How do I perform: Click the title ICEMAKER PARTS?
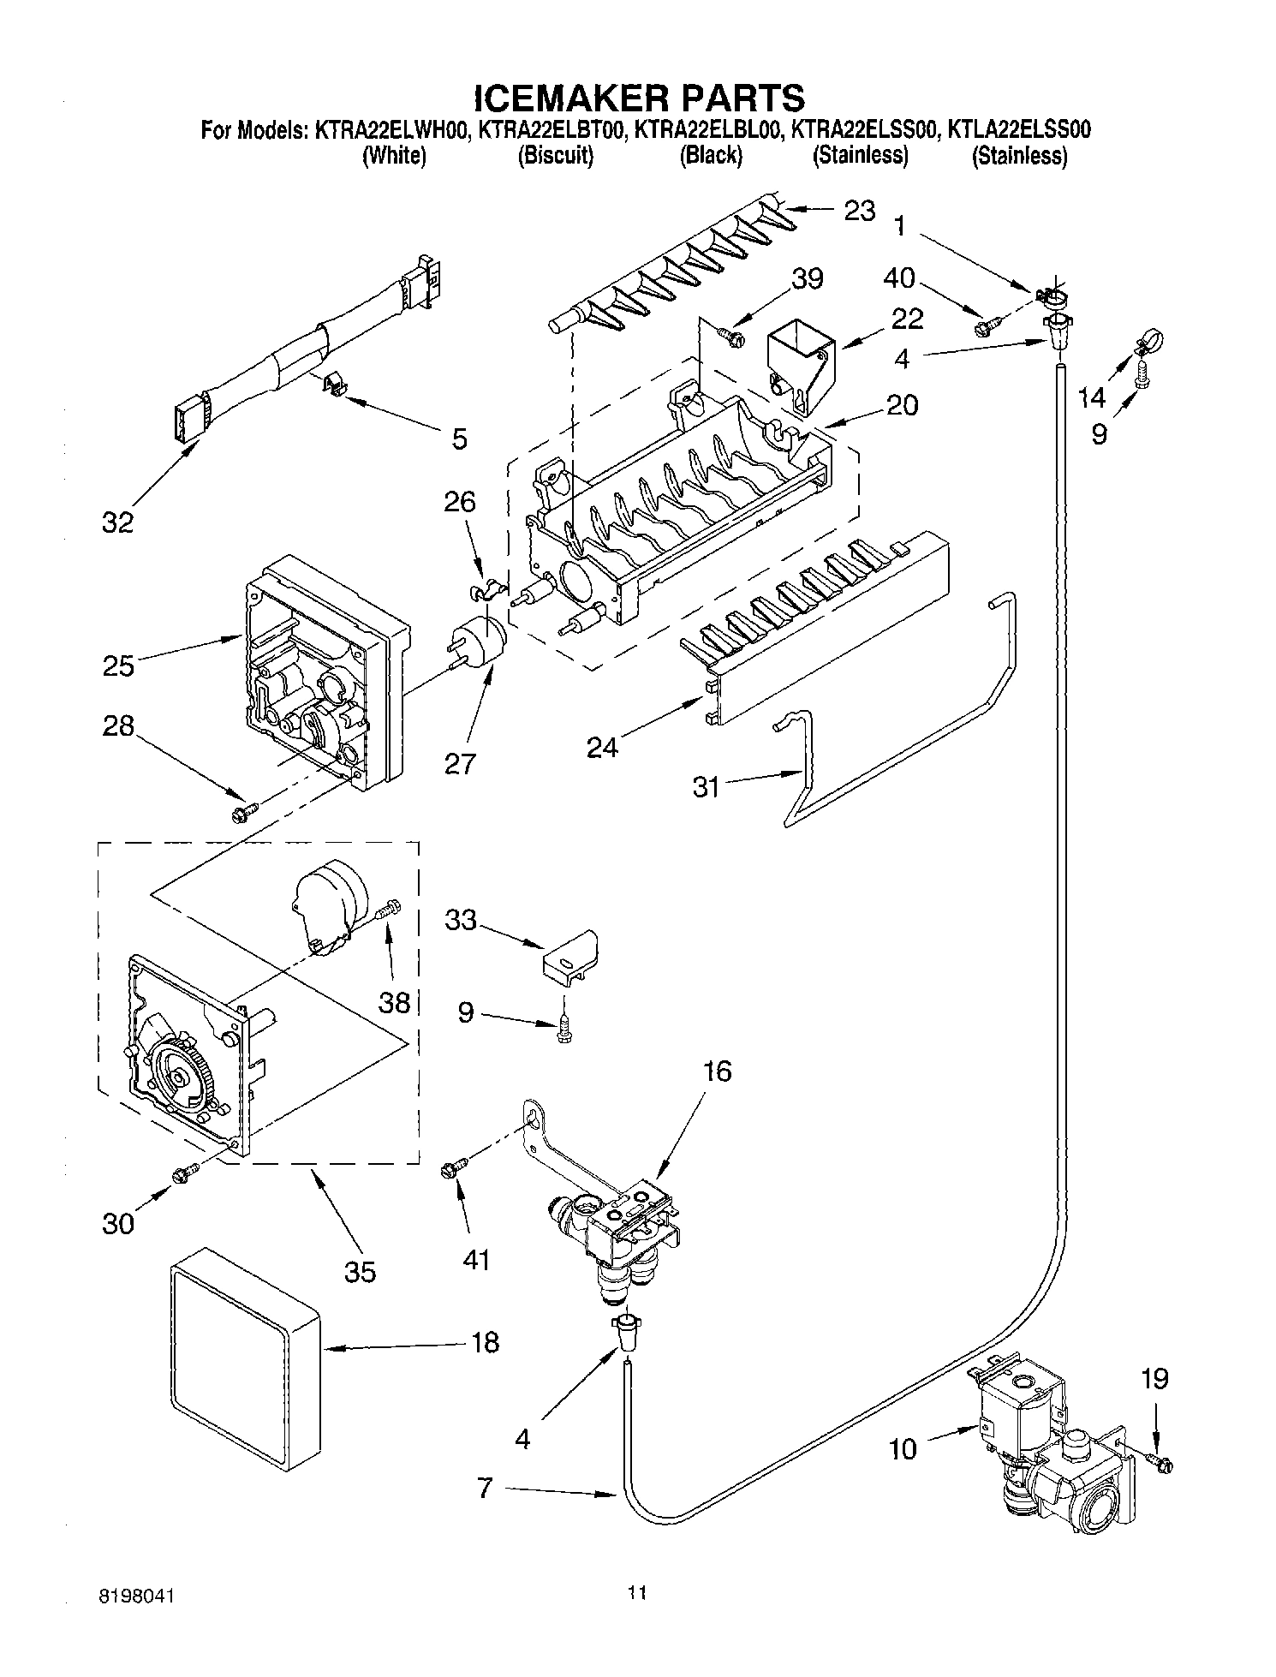638,98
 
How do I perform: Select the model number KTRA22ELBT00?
553,130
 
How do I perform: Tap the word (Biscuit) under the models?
555,156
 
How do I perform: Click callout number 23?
859,210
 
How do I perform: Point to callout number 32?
118,522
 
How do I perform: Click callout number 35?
360,1271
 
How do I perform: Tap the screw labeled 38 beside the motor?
390,909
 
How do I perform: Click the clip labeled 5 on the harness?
336,385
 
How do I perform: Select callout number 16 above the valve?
717,1070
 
